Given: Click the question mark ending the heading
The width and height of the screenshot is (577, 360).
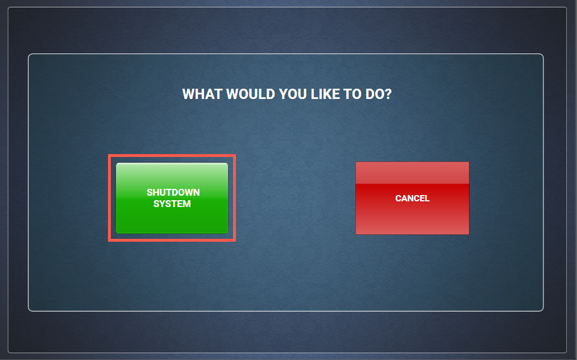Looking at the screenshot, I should (388, 94).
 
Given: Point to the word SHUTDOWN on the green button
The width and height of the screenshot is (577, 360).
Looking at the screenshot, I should (173, 192).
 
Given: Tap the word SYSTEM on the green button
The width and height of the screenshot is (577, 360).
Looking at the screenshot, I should (172, 204).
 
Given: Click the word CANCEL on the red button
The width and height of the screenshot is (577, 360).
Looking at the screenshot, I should (412, 198).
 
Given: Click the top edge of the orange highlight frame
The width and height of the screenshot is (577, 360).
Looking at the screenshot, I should (172, 156).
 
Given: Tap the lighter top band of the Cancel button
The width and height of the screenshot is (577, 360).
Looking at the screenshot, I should (412, 173).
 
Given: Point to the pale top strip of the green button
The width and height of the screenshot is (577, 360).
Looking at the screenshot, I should (172, 168).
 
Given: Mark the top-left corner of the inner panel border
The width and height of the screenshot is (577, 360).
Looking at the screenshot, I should (30, 55).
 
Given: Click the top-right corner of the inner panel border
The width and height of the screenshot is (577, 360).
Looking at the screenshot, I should (542, 55).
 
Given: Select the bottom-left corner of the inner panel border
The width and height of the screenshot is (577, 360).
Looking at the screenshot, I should (30, 310).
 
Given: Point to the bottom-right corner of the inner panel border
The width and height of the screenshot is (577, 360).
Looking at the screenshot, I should (542, 310).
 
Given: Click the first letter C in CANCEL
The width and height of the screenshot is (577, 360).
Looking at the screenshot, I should (398, 198).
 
